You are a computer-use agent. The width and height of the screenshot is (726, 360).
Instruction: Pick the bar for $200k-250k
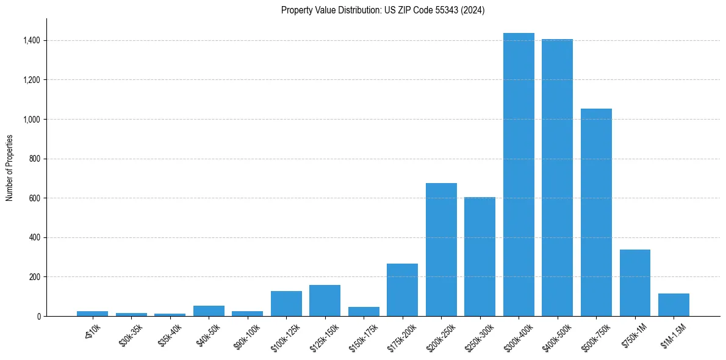click(x=441, y=250)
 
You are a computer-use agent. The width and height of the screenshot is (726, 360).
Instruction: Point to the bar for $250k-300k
click(x=480, y=256)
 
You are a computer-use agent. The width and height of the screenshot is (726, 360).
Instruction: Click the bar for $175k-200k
click(x=402, y=290)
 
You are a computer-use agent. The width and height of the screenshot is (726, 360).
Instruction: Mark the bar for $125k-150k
click(x=325, y=300)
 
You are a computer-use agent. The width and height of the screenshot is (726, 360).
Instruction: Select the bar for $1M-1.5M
click(x=674, y=304)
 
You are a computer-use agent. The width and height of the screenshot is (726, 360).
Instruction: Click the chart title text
click(x=383, y=10)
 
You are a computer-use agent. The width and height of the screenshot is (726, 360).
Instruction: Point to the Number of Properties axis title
click(x=9, y=168)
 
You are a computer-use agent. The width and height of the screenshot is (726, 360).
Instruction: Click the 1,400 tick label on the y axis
click(x=32, y=40)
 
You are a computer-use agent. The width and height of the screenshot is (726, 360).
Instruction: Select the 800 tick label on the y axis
click(x=36, y=159)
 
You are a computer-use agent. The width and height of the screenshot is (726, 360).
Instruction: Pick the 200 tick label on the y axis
click(x=36, y=277)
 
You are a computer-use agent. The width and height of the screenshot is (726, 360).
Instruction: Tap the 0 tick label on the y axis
click(x=39, y=316)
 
